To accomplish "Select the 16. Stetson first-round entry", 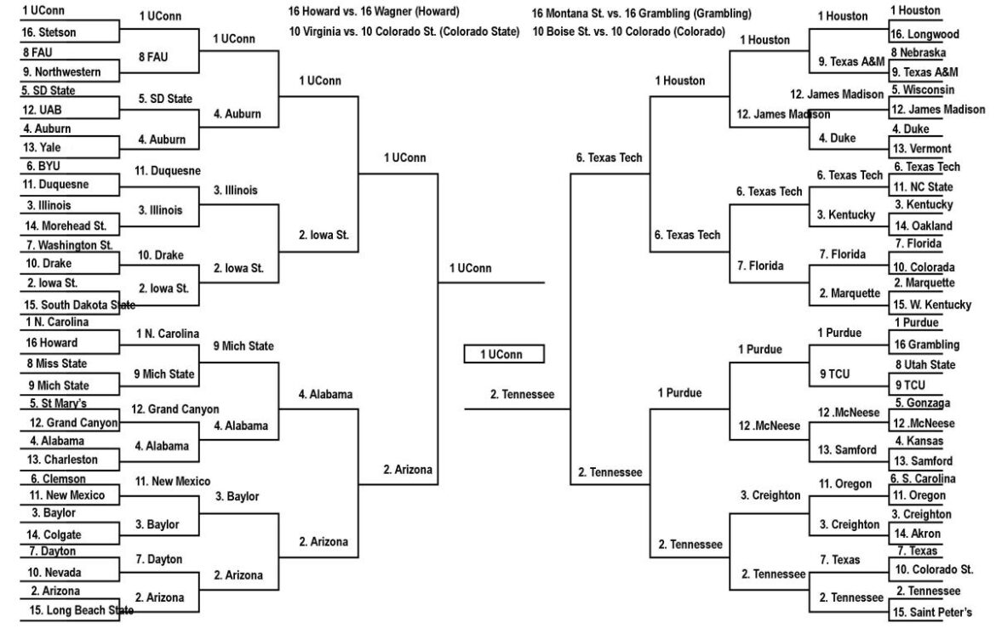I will (x=49, y=33).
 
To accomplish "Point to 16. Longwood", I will (x=924, y=35).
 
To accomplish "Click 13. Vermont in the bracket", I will (x=921, y=149).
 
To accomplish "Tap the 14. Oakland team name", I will (x=922, y=226).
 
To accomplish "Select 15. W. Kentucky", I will (x=931, y=305).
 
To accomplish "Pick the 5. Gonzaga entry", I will (x=922, y=403).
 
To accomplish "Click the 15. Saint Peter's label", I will (x=931, y=612).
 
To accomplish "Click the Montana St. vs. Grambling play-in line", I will (x=641, y=14).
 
